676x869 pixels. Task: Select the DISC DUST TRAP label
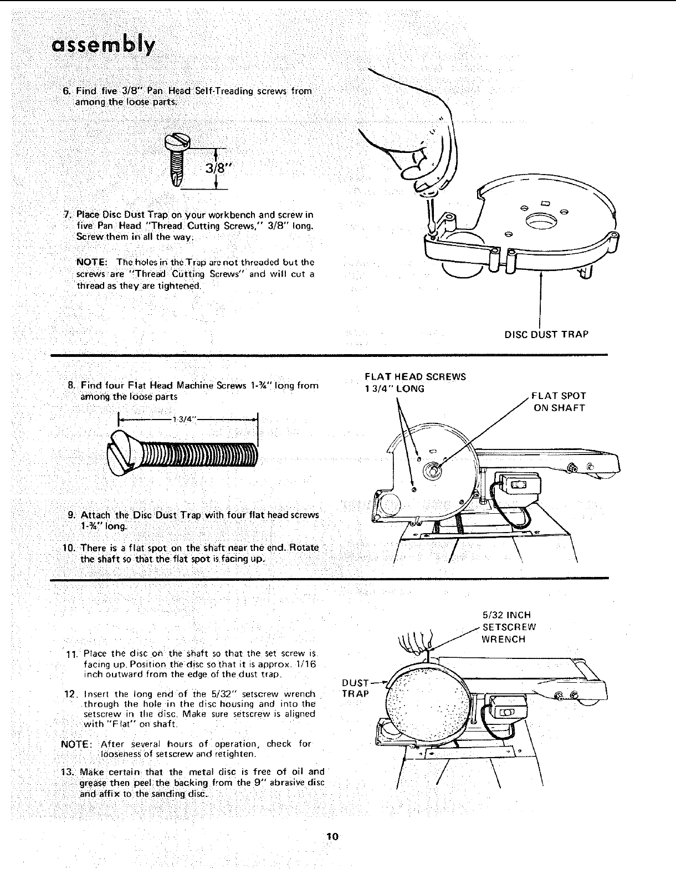click(546, 334)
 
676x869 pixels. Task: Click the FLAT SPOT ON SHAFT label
click(559, 402)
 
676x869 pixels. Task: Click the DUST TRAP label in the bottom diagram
click(355, 687)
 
